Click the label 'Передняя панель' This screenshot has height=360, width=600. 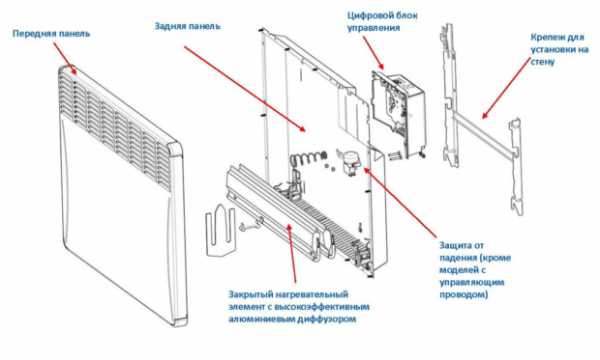coord(51,33)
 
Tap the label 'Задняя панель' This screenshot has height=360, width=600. coord(188,26)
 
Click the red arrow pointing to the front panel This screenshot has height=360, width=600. coord(64,58)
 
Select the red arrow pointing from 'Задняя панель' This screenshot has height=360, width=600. coord(245,89)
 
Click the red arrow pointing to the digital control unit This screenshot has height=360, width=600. coord(373,54)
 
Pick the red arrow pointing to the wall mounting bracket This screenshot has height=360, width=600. coord(506,87)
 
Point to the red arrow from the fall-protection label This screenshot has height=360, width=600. coord(399,201)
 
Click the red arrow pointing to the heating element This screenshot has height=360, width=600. coord(292,253)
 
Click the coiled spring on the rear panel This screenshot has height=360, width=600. coord(307,158)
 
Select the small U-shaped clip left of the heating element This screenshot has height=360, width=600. coord(220,230)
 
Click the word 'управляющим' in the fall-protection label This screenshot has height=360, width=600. coord(471,282)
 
